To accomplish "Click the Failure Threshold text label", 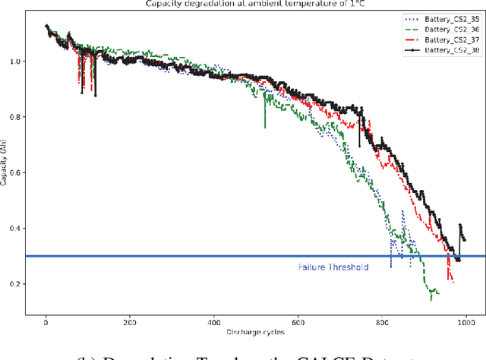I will coord(333,267).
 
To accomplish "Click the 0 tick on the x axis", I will coord(46,321).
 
